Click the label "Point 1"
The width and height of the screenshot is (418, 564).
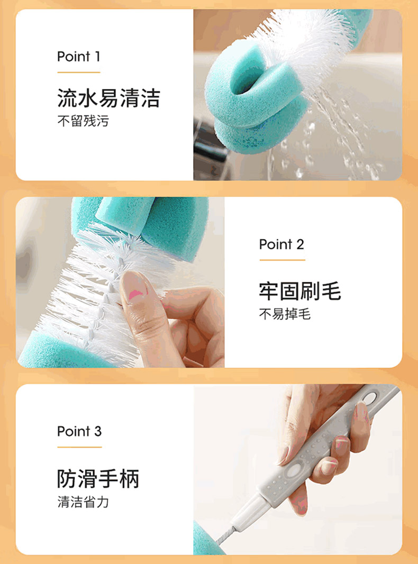[78, 57]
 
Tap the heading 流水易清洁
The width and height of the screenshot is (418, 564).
[108, 98]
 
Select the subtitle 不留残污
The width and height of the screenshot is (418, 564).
[83, 121]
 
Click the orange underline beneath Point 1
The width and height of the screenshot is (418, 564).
[78, 72]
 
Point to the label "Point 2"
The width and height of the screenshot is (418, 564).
[281, 244]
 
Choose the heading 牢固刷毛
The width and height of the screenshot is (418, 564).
[300, 291]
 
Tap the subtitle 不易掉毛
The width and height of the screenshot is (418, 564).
[285, 314]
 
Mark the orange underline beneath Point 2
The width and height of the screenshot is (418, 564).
[283, 260]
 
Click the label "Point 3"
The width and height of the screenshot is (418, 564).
[79, 431]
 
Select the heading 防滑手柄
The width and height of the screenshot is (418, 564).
[98, 479]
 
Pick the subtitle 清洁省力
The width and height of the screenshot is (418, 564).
[83, 502]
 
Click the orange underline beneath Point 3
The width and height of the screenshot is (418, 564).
[79, 447]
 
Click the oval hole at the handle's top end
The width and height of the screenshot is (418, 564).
[369, 398]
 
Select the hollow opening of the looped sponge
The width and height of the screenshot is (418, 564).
[247, 77]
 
